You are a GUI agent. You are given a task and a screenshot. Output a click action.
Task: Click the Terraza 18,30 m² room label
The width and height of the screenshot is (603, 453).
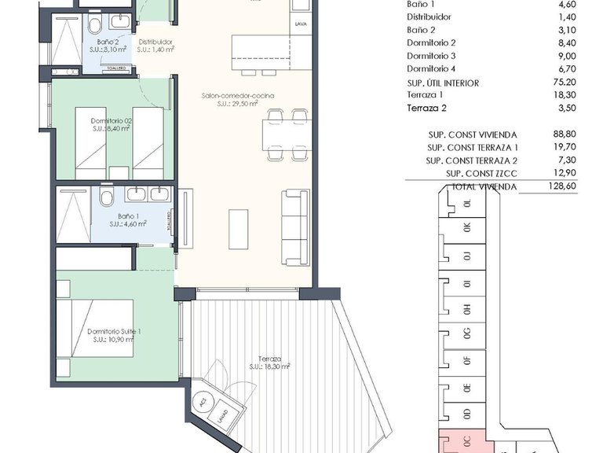pyautogui.click(x=269, y=363)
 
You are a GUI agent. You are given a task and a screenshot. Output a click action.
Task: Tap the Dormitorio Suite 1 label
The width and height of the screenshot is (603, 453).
pyautogui.click(x=115, y=337)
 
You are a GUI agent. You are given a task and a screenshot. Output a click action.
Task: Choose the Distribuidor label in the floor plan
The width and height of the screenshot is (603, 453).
pyautogui.click(x=155, y=45)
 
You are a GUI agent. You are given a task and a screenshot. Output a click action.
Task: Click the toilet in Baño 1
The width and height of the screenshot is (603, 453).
pyautogui.click(x=108, y=196)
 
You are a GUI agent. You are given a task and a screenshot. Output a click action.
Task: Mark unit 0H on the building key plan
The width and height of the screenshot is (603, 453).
pyautogui.click(x=467, y=310)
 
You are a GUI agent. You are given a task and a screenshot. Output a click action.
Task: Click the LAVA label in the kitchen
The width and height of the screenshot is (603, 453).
pyautogui.click(x=301, y=24)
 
